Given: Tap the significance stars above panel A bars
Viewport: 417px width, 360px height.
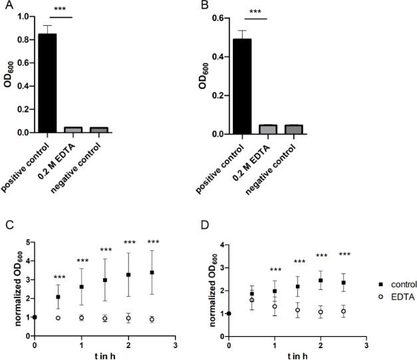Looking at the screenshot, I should click(x=61, y=10).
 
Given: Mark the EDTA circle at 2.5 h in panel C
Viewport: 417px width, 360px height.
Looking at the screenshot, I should click(x=152, y=319).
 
